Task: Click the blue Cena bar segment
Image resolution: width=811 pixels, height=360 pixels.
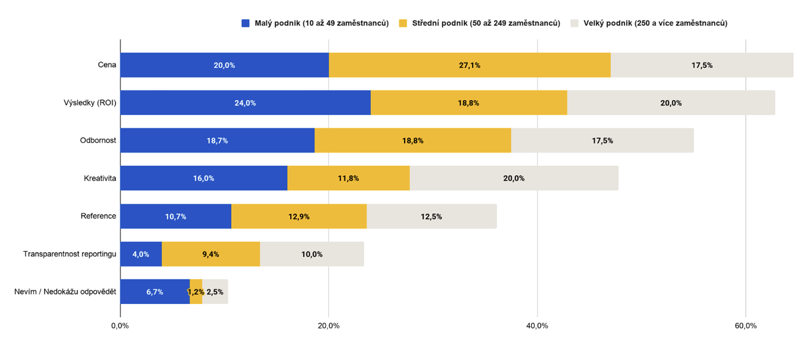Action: (x=225, y=65)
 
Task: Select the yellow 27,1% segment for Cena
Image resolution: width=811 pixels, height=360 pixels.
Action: (x=470, y=65)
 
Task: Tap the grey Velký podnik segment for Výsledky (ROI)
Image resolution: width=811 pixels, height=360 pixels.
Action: (x=671, y=103)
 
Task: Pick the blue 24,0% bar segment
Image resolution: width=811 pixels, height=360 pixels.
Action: (x=246, y=103)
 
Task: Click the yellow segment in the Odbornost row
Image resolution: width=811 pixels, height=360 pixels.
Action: (x=413, y=140)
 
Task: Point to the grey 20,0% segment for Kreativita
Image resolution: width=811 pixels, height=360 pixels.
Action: (x=514, y=178)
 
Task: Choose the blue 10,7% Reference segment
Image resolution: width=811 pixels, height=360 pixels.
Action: (x=176, y=216)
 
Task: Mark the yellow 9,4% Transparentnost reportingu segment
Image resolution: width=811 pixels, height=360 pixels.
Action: (x=211, y=254)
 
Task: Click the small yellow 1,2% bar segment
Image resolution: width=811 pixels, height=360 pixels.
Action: (x=196, y=291)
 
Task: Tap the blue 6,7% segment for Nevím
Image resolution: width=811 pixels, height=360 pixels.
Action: (x=155, y=291)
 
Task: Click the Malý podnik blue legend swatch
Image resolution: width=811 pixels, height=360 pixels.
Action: (x=246, y=23)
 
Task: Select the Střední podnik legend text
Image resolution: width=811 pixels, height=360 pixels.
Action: (x=486, y=23)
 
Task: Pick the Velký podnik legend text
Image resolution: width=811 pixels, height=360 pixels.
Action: (x=655, y=23)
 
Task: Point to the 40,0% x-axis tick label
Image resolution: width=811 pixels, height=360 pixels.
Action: (x=537, y=326)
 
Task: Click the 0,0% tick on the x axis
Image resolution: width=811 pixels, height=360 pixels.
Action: (x=120, y=326)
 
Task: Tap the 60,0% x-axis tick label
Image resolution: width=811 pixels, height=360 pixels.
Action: (x=746, y=326)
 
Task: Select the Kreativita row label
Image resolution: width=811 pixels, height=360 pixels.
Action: (x=100, y=178)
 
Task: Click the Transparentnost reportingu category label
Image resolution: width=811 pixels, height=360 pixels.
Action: (x=70, y=254)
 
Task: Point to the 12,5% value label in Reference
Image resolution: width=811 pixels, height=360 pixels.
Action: (x=431, y=216)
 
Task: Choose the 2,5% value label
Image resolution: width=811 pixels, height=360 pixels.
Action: (x=215, y=292)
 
